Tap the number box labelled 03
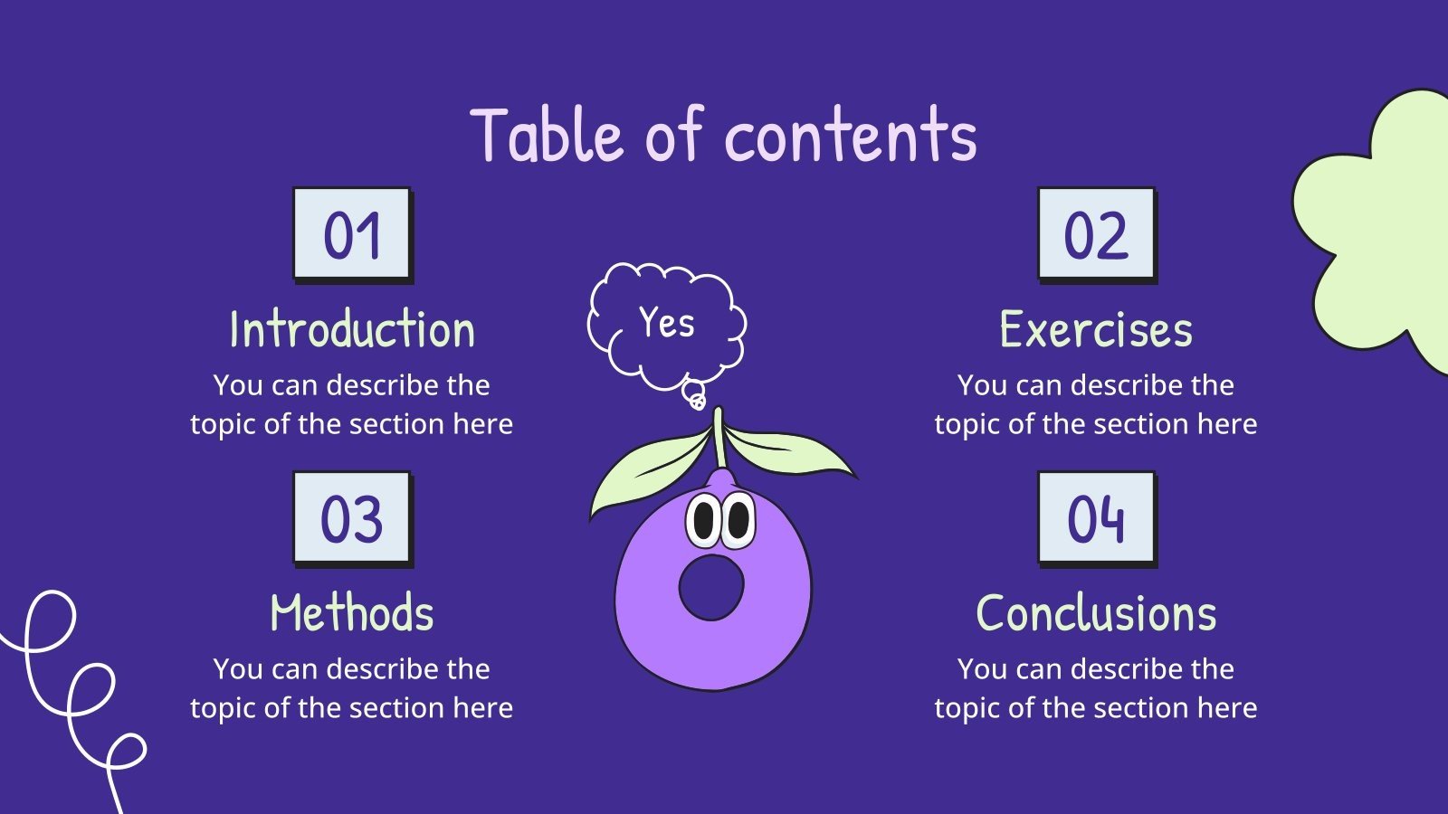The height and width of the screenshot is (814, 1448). tap(352, 518)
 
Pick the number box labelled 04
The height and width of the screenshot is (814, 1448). tap(1096, 518)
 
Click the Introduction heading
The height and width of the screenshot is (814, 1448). tap(352, 329)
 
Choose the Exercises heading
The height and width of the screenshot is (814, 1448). tap(1096, 329)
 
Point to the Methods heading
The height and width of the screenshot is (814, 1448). tap(352, 613)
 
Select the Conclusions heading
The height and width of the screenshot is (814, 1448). tap(1096, 613)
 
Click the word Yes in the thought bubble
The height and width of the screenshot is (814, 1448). tap(667, 323)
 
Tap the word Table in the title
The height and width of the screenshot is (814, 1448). tap(547, 136)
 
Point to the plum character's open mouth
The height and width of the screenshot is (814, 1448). tap(711, 587)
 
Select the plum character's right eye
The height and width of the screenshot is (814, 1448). tap(738, 520)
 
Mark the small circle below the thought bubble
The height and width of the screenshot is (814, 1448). tap(695, 396)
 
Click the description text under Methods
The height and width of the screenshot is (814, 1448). tap(352, 688)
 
